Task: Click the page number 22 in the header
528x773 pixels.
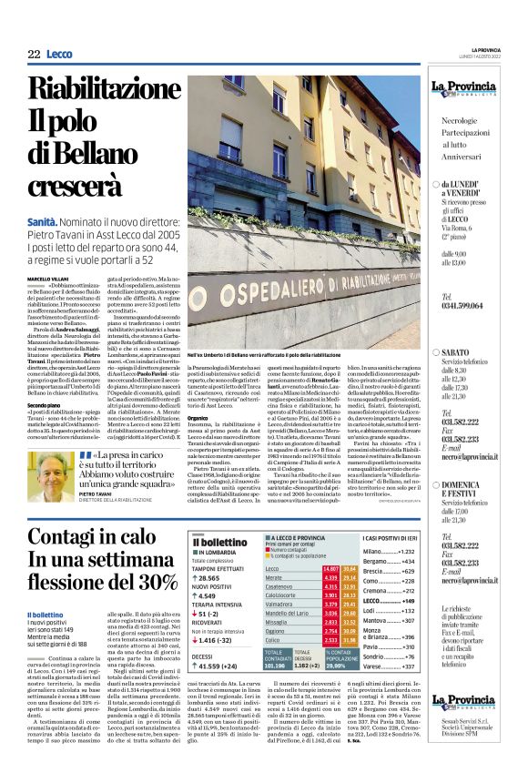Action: pos(34,55)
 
